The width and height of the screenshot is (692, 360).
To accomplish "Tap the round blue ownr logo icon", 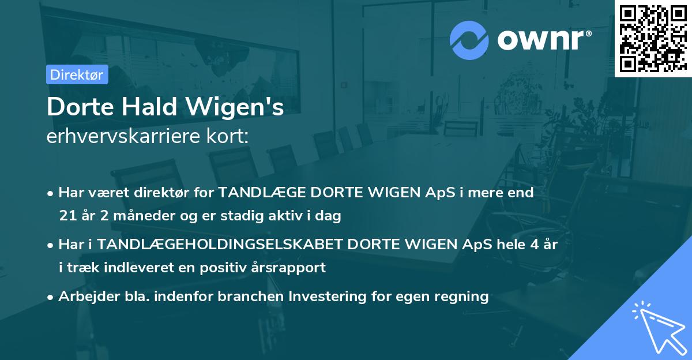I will pos(470,40).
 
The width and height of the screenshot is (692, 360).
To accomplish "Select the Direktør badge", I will pos(77,74).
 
